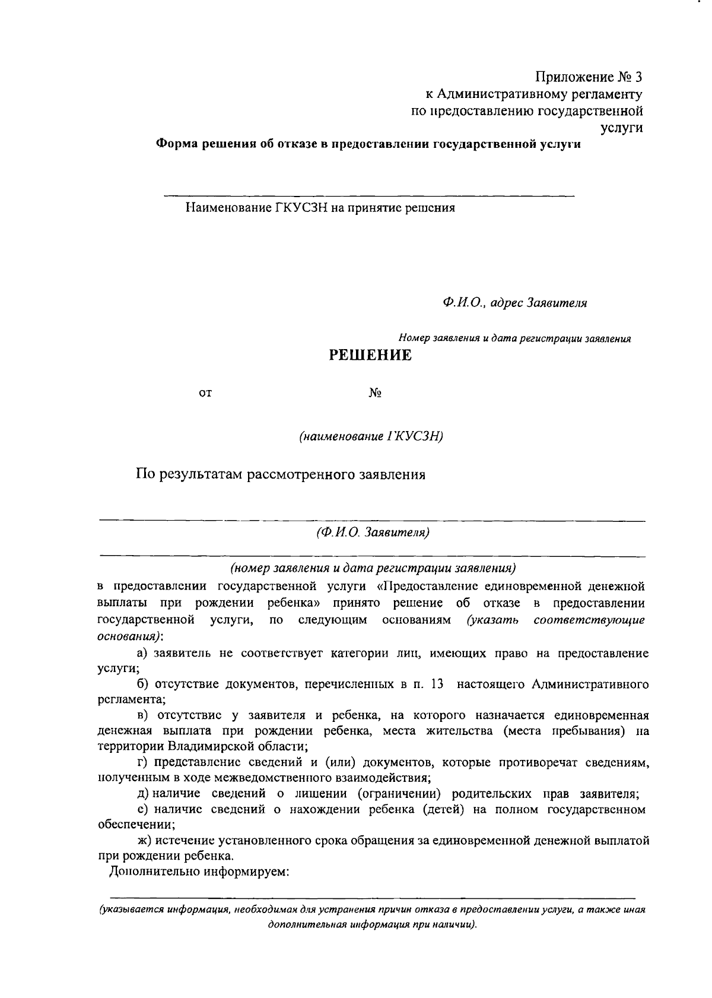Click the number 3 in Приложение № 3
(638, 77)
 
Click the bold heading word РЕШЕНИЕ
(370, 356)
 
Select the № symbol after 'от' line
(374, 393)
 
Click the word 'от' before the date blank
(205, 393)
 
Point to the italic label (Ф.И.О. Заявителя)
(373, 532)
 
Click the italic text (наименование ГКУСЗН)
(372, 436)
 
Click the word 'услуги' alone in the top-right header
(622, 127)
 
